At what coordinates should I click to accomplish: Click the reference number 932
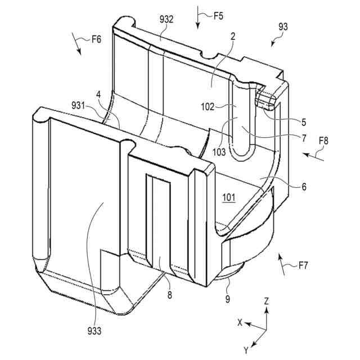(166, 20)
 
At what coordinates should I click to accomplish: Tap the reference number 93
(283, 26)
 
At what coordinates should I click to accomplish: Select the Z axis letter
(267, 301)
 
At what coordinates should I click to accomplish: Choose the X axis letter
(240, 323)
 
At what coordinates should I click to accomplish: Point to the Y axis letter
(246, 350)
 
